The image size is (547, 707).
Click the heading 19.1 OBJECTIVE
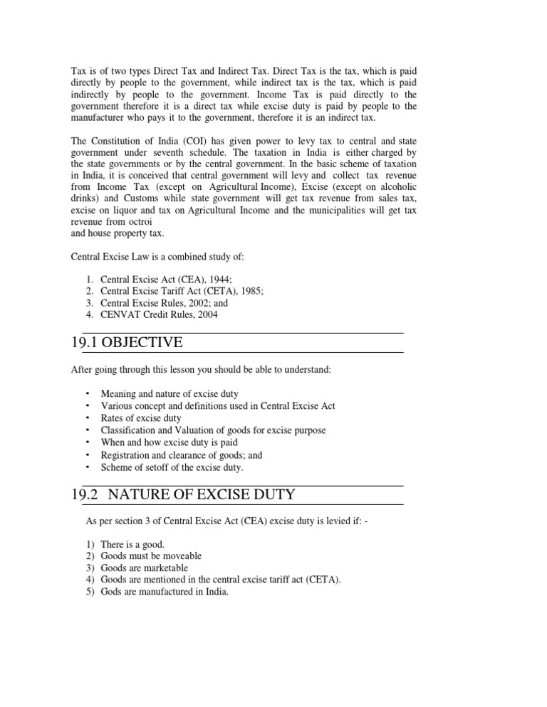127,344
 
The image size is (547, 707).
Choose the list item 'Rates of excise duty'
141,418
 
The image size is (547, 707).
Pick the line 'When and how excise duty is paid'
168,442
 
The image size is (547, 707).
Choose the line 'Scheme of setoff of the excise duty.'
172,467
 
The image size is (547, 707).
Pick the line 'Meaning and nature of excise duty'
170,393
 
